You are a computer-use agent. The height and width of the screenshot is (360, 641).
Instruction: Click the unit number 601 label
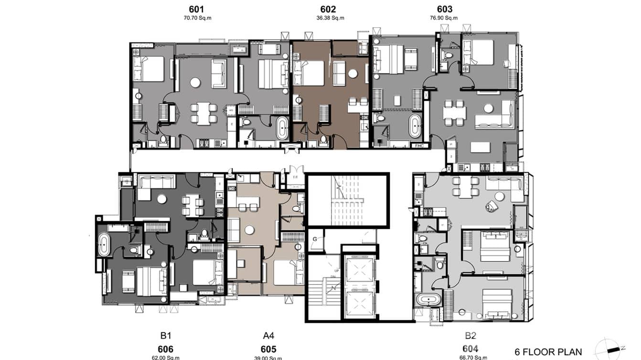[x=197, y=9]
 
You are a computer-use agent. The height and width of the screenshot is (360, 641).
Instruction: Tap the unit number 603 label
[x=444, y=9]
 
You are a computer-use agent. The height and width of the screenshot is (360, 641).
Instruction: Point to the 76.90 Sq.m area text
[x=444, y=18]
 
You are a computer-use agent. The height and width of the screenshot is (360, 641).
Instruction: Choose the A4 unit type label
[x=268, y=336]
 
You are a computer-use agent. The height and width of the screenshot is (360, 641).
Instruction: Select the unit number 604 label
[x=470, y=349]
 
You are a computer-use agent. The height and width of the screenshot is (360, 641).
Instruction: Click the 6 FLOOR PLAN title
[x=548, y=352]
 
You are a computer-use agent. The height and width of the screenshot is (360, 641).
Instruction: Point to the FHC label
[x=420, y=145]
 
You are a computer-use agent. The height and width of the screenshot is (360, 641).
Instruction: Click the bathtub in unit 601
[x=282, y=129]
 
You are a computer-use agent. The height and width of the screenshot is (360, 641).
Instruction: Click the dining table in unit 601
[x=203, y=113]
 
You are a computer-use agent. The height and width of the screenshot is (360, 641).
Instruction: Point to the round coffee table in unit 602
[x=353, y=74]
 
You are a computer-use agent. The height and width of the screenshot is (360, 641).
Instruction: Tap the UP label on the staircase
[x=337, y=271]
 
